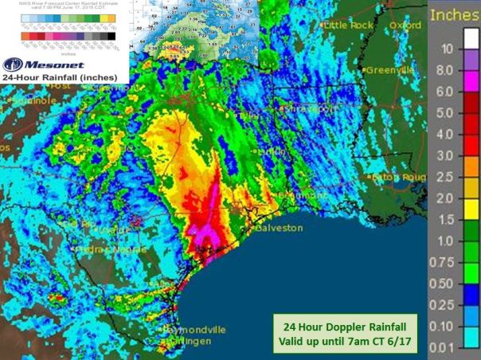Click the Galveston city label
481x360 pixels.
[280, 227]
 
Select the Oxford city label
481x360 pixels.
[406, 25]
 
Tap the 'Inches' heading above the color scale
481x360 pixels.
[454, 14]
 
